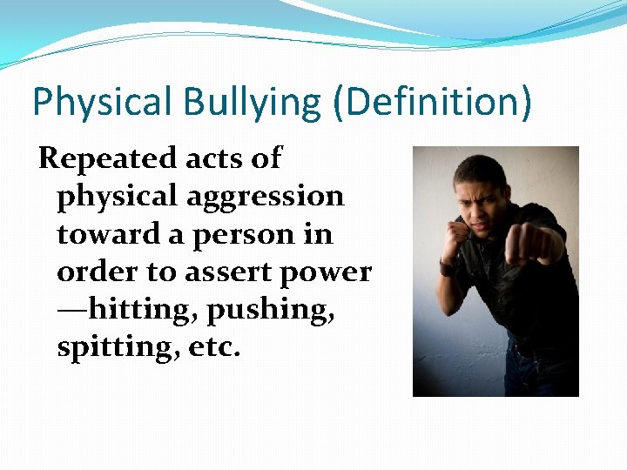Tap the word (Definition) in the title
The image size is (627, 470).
432,103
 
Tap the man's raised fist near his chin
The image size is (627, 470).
456,238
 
